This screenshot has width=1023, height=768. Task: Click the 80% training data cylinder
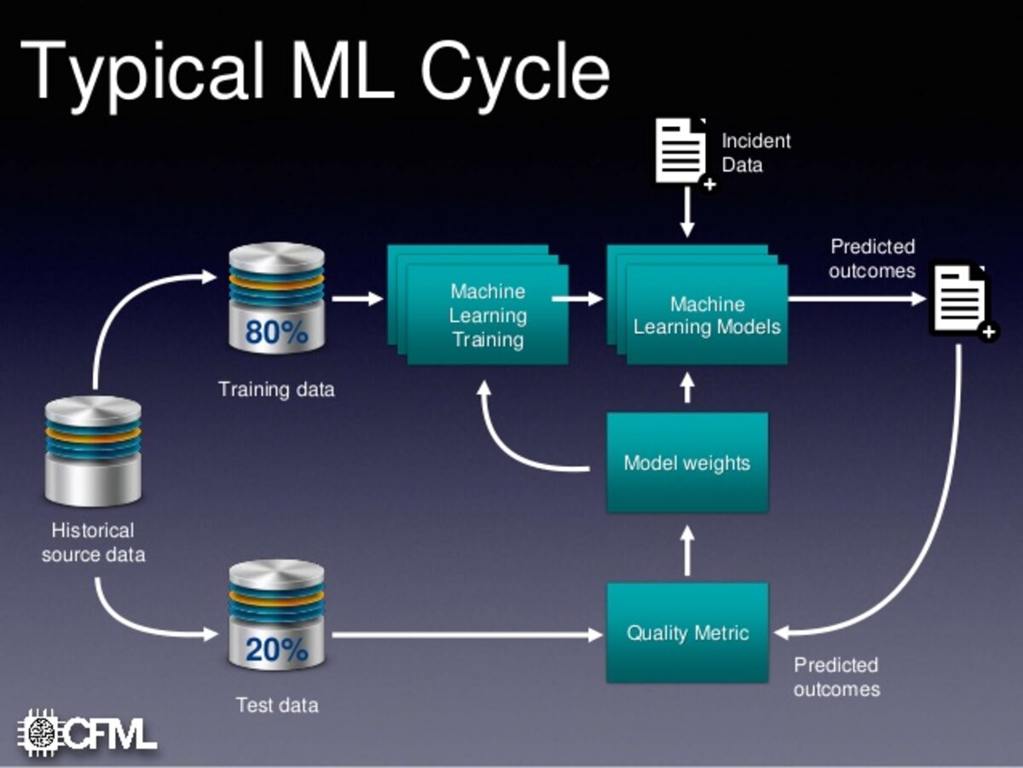pos(276,298)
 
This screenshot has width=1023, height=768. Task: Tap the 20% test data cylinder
pos(276,615)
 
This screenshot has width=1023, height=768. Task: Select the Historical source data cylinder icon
pos(93,451)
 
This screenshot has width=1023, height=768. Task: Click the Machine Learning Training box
pos(488,315)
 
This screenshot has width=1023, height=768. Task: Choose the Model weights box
pos(687,463)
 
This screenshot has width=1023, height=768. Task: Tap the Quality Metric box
pos(687,632)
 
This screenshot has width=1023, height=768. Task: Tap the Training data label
pos(276,390)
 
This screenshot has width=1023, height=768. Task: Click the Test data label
pos(277,706)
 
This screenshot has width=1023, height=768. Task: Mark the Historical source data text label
pos(93,543)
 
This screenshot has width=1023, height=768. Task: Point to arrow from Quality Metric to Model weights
pos(687,549)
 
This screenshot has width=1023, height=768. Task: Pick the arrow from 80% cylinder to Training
pos(357,298)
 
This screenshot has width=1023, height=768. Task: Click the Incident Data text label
pos(755,153)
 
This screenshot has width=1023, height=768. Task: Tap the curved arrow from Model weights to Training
pos(511,443)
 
